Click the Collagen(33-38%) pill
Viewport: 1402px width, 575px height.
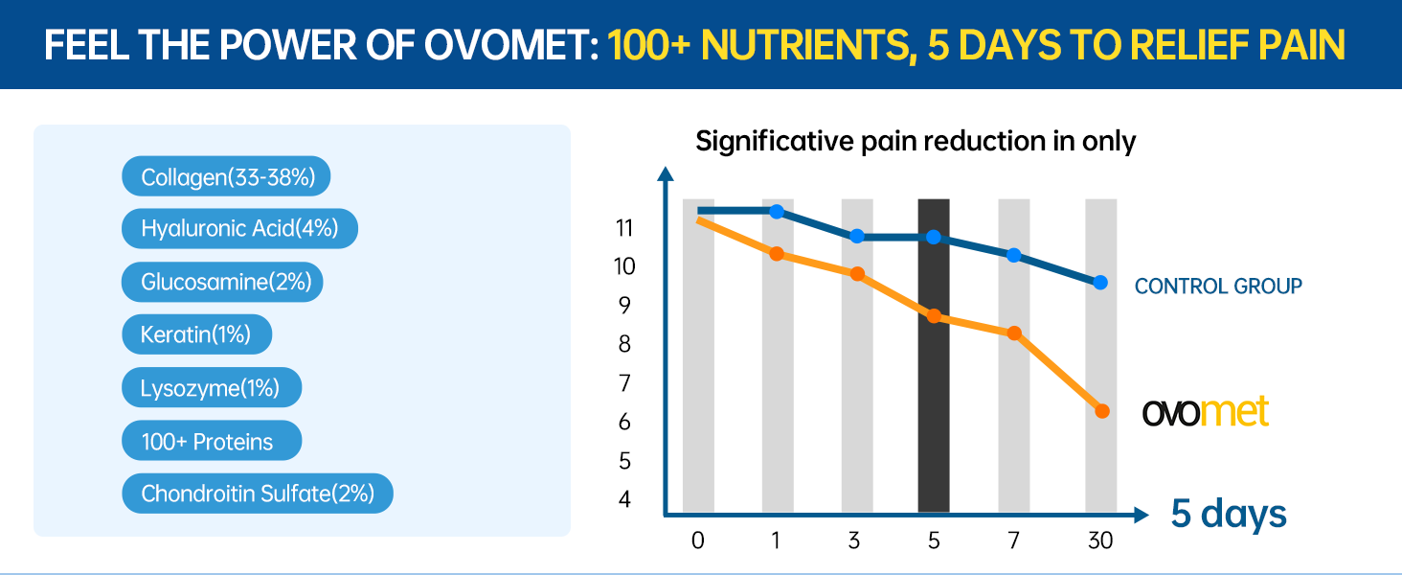click(x=226, y=176)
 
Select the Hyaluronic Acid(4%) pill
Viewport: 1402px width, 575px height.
click(x=239, y=229)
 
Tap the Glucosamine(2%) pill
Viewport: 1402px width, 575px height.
click(x=222, y=282)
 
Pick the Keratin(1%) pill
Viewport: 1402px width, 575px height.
click(x=196, y=334)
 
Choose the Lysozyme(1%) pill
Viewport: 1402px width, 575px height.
click(x=212, y=388)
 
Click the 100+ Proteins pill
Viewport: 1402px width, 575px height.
click(x=212, y=441)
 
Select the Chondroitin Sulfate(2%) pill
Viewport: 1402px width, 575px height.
click(x=258, y=494)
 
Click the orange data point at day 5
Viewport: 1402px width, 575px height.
click(x=934, y=316)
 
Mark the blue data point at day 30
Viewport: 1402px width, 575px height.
click(x=1100, y=283)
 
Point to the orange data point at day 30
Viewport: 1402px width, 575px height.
click(x=1102, y=411)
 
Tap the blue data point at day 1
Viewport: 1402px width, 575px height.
click(x=777, y=212)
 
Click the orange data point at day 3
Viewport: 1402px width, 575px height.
click(x=857, y=274)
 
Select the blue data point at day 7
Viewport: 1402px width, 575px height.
click(x=1014, y=256)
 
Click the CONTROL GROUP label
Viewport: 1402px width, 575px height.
click(x=1218, y=287)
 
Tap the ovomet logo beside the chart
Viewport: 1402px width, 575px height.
click(x=1206, y=412)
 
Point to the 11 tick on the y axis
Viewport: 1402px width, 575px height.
click(x=624, y=228)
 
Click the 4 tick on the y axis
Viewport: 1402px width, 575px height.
click(x=624, y=499)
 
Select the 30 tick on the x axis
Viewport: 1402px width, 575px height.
click(x=1100, y=540)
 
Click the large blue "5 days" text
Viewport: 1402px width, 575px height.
click(x=1229, y=514)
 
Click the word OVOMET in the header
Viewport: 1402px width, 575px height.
click(x=510, y=45)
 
